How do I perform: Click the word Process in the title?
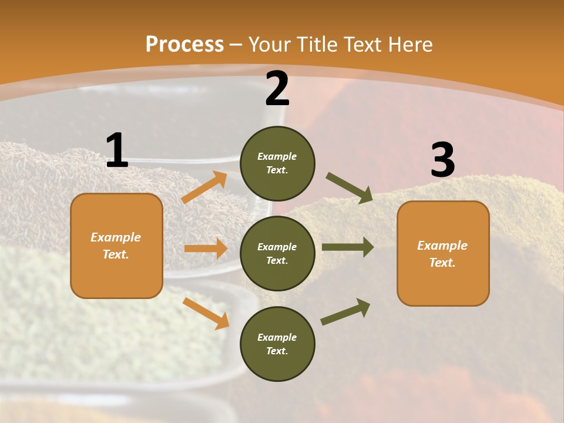(x=184, y=45)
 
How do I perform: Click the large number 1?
(x=117, y=151)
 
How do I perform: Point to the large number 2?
(x=277, y=89)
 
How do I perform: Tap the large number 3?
(x=442, y=160)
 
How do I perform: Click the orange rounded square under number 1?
(x=116, y=246)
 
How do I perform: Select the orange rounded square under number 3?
(x=443, y=253)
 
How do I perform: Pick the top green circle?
(x=277, y=163)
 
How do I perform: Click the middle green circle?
(x=277, y=253)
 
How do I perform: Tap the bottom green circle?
(x=277, y=344)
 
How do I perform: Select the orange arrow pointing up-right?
(x=204, y=187)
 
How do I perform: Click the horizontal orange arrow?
(x=206, y=249)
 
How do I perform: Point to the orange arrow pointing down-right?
(x=206, y=313)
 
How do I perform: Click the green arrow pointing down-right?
(x=350, y=187)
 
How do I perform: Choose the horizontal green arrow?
(x=348, y=247)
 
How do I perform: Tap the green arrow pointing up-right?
(x=345, y=311)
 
